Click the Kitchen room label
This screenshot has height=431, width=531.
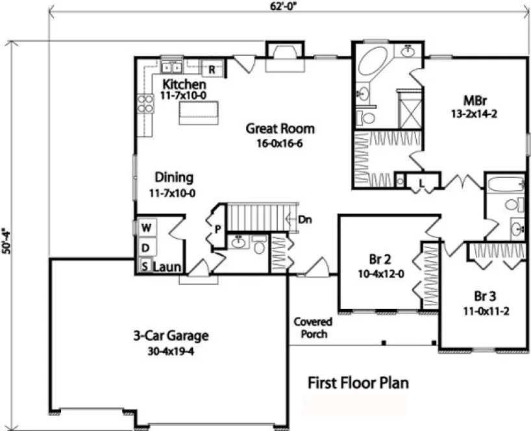point(184,84)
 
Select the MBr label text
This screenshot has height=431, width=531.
point(475,101)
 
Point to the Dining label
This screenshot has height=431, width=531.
point(173,177)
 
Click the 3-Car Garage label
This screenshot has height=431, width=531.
point(171,336)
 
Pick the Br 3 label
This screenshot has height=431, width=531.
point(485,297)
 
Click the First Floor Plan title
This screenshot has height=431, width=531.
point(358,383)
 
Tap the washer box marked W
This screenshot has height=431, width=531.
point(146,228)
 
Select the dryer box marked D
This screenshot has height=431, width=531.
point(146,247)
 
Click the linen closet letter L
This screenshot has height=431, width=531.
point(421,184)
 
